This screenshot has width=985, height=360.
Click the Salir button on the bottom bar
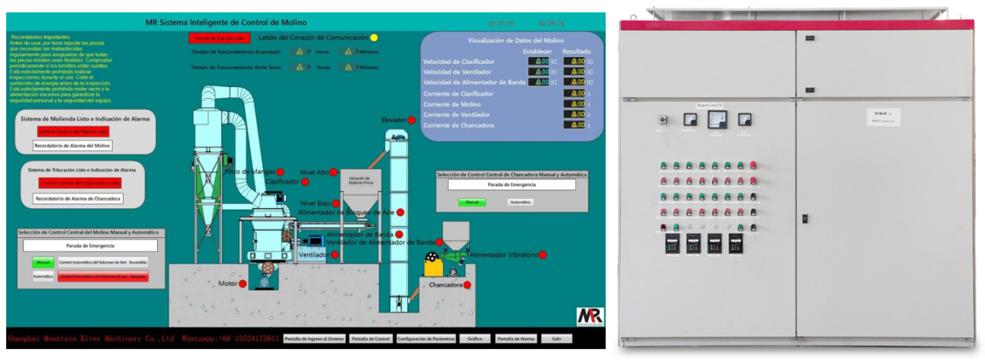point(557,339)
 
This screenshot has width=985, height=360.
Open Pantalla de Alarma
point(515,339)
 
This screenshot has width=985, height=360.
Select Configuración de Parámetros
point(426,339)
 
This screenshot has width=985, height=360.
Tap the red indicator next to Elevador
point(412,121)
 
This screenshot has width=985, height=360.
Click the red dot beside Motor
point(243,284)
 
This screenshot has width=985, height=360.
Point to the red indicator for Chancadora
point(467,285)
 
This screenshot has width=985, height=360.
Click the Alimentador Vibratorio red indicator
point(543,255)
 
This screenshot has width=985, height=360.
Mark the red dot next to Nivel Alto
point(334,172)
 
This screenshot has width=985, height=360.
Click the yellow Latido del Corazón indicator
point(374,37)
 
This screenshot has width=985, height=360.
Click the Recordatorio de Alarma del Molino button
point(72,145)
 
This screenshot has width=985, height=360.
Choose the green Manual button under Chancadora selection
point(470,202)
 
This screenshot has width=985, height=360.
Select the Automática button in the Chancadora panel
point(521,202)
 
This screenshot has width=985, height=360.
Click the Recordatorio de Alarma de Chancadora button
point(78,199)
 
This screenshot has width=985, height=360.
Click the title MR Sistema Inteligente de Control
point(225,23)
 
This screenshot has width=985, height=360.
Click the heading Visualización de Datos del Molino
point(515,40)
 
